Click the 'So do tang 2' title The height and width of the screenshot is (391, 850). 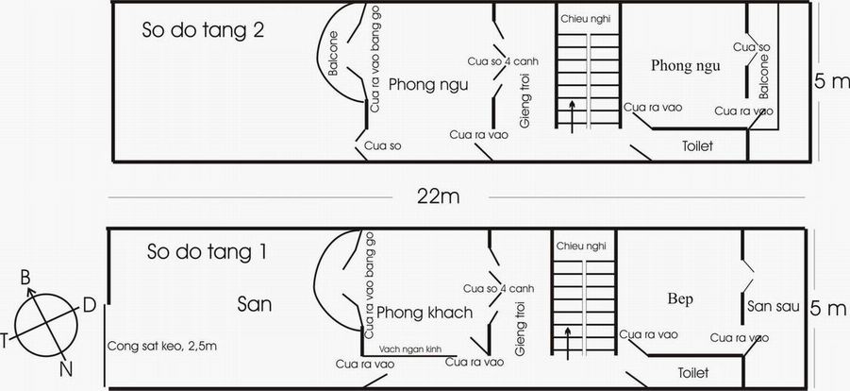point(203,30)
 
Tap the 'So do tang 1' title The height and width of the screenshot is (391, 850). point(207,252)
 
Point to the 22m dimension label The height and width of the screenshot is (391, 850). point(438,197)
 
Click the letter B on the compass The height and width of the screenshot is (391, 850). point(25,278)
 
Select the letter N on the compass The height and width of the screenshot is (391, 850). point(66,370)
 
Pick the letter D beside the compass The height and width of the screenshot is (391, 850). point(90,306)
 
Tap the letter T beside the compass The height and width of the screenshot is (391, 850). point(4,341)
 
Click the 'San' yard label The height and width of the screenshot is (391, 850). point(254,305)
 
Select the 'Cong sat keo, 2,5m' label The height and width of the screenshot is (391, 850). point(162,346)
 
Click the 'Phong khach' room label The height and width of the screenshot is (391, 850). point(425,313)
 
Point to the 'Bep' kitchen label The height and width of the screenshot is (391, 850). point(680,299)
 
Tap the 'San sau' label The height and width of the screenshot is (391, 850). point(773,306)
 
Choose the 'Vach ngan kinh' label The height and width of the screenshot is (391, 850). point(409,348)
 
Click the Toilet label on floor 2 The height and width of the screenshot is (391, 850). point(697,145)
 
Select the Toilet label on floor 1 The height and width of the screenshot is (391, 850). point(693,373)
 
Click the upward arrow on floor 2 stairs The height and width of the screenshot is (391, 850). point(573,116)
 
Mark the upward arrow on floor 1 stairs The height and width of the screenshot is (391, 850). point(568,344)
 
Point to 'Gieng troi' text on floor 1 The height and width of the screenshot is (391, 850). point(521,329)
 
